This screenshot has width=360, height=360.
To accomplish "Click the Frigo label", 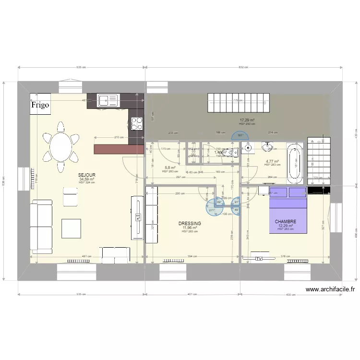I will [40, 105].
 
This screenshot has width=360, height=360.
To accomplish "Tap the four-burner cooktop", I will [137, 123].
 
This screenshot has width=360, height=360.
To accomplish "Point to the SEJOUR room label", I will [87, 175].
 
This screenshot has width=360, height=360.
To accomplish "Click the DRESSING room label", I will [190, 224].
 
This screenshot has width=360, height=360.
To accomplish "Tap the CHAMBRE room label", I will [286, 222].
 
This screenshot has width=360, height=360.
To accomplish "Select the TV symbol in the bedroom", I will [259, 259].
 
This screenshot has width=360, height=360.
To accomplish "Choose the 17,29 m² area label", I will [247, 120].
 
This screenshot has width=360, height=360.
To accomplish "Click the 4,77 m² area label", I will [272, 161].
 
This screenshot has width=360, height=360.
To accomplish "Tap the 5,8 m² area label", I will [170, 168].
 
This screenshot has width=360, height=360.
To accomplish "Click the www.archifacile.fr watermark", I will [330, 289].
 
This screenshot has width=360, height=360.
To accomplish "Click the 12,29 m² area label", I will [286, 226].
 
